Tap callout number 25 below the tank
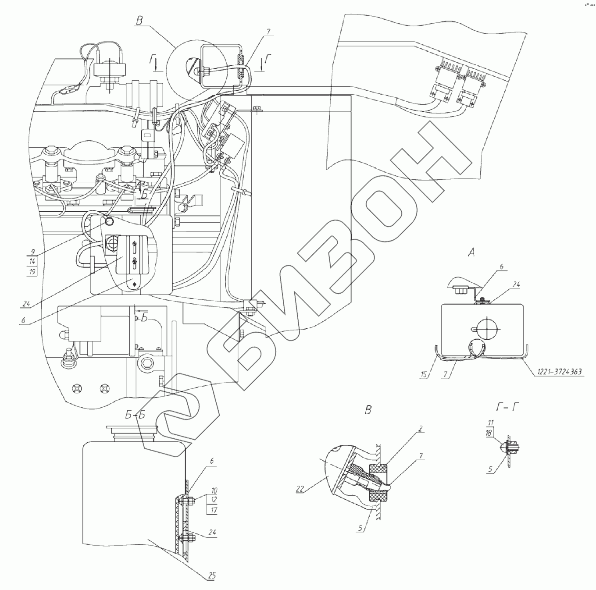[211, 575]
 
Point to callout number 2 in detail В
[420, 429]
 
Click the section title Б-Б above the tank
[135, 415]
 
